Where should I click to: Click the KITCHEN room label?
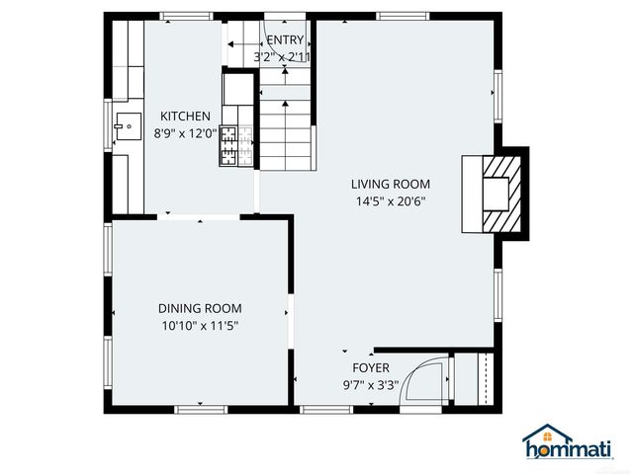tap(185, 117)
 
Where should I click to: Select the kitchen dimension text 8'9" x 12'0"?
tap(185, 133)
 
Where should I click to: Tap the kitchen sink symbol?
tap(126, 125)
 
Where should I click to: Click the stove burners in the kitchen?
tap(229, 145)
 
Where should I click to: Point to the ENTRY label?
tap(286, 40)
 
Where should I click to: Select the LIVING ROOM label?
tap(391, 184)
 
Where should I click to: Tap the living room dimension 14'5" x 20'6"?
tap(391, 201)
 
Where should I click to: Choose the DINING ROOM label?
tap(201, 308)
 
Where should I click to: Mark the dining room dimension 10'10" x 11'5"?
tap(201, 326)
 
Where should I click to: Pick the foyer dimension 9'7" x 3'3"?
tap(370, 386)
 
